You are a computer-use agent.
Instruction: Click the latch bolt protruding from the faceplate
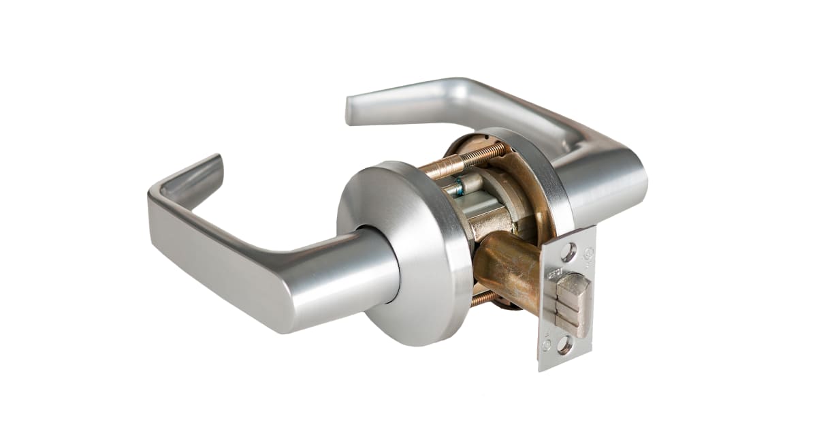point(573,306)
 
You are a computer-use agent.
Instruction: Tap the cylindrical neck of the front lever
point(371,266)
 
